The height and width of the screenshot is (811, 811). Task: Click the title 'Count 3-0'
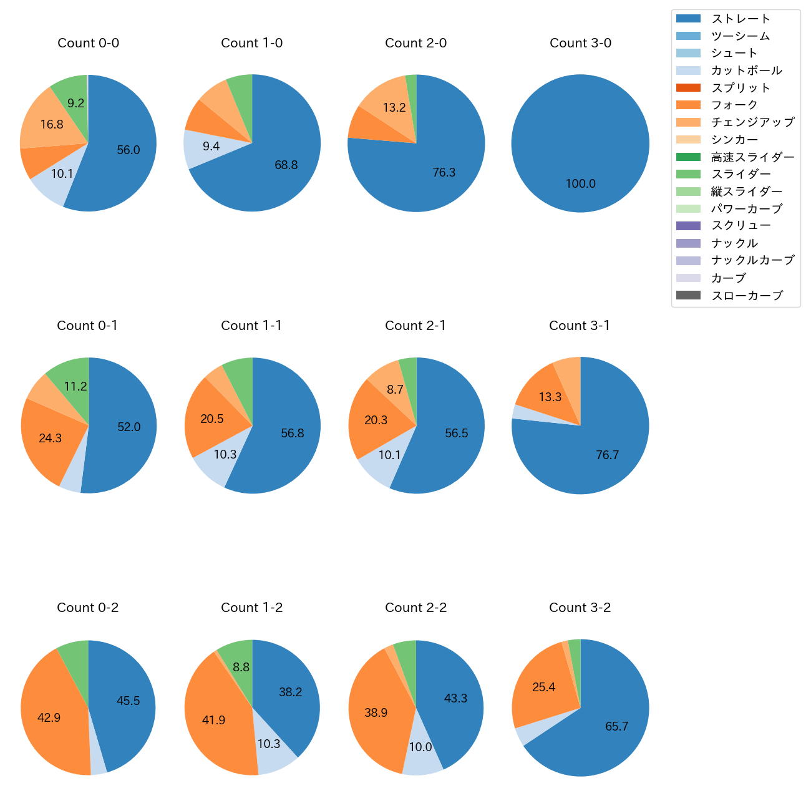(580, 43)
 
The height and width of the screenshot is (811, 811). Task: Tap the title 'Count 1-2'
(252, 608)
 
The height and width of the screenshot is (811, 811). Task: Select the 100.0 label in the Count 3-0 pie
(580, 183)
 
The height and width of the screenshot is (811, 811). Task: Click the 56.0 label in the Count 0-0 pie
(129, 150)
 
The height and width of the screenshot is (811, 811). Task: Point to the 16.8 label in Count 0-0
(52, 124)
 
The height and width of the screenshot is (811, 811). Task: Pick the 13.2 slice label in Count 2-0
(394, 107)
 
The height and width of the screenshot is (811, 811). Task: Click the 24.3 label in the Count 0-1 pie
(50, 438)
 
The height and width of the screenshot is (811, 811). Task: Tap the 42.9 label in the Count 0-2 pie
(49, 717)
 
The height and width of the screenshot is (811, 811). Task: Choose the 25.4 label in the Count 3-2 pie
(543, 687)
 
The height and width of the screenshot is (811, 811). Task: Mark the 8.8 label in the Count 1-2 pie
(241, 667)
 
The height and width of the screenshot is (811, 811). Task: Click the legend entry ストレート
(741, 19)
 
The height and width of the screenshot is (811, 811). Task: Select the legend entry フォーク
(734, 105)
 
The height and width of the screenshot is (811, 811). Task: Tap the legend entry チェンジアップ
(752, 122)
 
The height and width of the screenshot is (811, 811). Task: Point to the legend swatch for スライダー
(688, 174)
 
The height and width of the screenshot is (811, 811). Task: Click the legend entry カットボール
(746, 70)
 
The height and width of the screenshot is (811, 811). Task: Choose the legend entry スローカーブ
(747, 295)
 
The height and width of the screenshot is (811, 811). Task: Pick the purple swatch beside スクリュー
(688, 226)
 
